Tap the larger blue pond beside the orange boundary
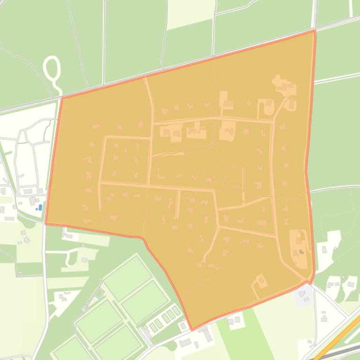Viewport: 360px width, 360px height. click(40, 207)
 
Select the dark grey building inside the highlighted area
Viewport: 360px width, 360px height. click(301, 252)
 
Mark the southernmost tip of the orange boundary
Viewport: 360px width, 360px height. click(191, 330)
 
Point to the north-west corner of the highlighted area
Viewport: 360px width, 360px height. click(62, 97)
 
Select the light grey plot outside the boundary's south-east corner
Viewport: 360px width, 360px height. click(302, 295)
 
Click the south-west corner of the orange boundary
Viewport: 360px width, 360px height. click(46, 223)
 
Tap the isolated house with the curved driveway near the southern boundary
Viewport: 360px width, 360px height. click(260, 281)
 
